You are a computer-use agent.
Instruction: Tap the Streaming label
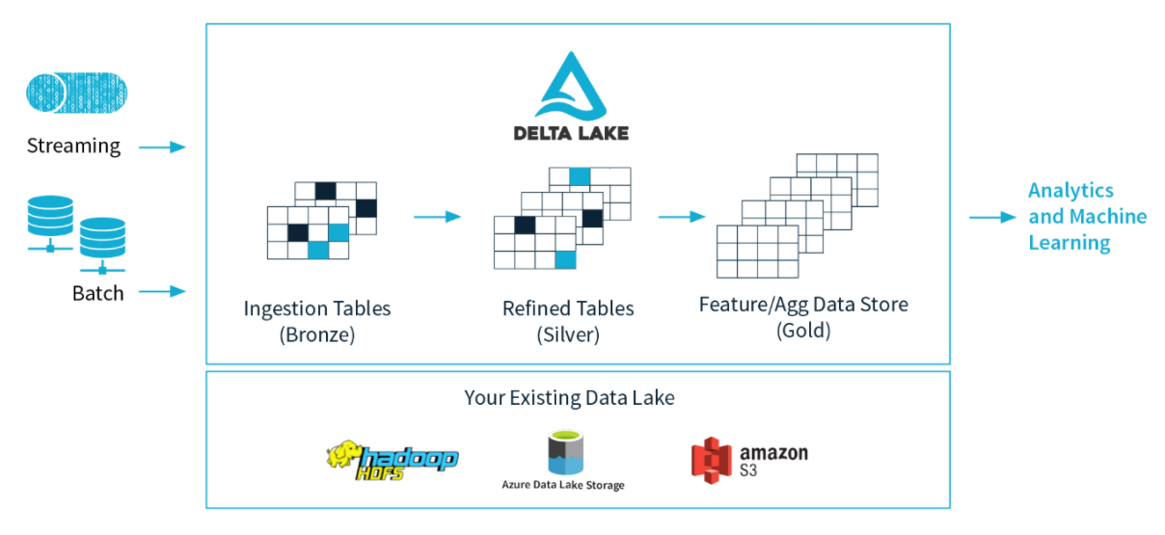click(x=73, y=147)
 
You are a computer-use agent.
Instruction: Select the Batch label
click(x=98, y=293)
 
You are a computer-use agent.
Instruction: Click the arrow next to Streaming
click(x=161, y=147)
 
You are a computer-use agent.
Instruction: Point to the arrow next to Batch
click(x=161, y=291)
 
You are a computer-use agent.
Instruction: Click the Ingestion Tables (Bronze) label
click(x=317, y=322)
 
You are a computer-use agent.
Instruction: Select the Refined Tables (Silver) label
click(x=568, y=322)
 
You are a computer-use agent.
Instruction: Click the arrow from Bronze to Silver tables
click(x=437, y=217)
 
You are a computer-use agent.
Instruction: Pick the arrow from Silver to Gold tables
click(x=682, y=217)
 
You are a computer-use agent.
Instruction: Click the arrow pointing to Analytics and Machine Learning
click(x=992, y=218)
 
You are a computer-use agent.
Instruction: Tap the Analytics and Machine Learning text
click(x=1087, y=217)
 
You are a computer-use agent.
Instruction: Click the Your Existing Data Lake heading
click(x=569, y=397)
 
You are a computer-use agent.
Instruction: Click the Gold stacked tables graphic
click(x=797, y=215)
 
